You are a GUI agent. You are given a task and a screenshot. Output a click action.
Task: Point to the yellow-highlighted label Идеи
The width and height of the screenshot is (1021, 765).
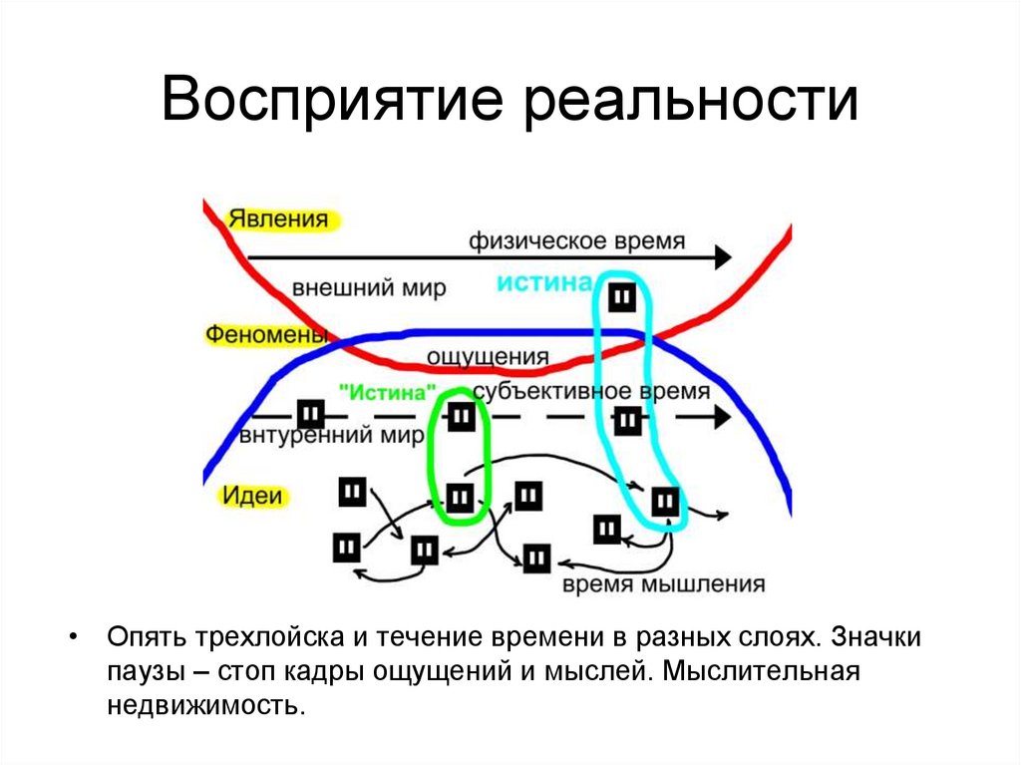click(251, 495)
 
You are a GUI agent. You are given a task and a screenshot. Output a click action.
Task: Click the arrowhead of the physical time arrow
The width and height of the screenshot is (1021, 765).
click(720, 257)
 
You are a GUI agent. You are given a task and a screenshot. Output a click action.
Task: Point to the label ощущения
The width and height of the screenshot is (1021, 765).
click(488, 356)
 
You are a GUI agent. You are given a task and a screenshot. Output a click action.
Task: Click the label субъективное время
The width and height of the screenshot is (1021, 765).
click(591, 391)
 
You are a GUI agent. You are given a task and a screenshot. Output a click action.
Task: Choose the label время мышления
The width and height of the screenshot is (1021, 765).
click(663, 584)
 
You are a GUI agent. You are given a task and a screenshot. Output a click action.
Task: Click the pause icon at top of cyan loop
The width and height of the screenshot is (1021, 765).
click(621, 298)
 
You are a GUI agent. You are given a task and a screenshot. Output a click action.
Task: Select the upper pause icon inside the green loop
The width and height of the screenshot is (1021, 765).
click(460, 417)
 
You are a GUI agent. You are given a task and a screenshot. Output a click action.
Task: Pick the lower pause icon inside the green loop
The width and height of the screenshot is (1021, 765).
click(459, 496)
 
